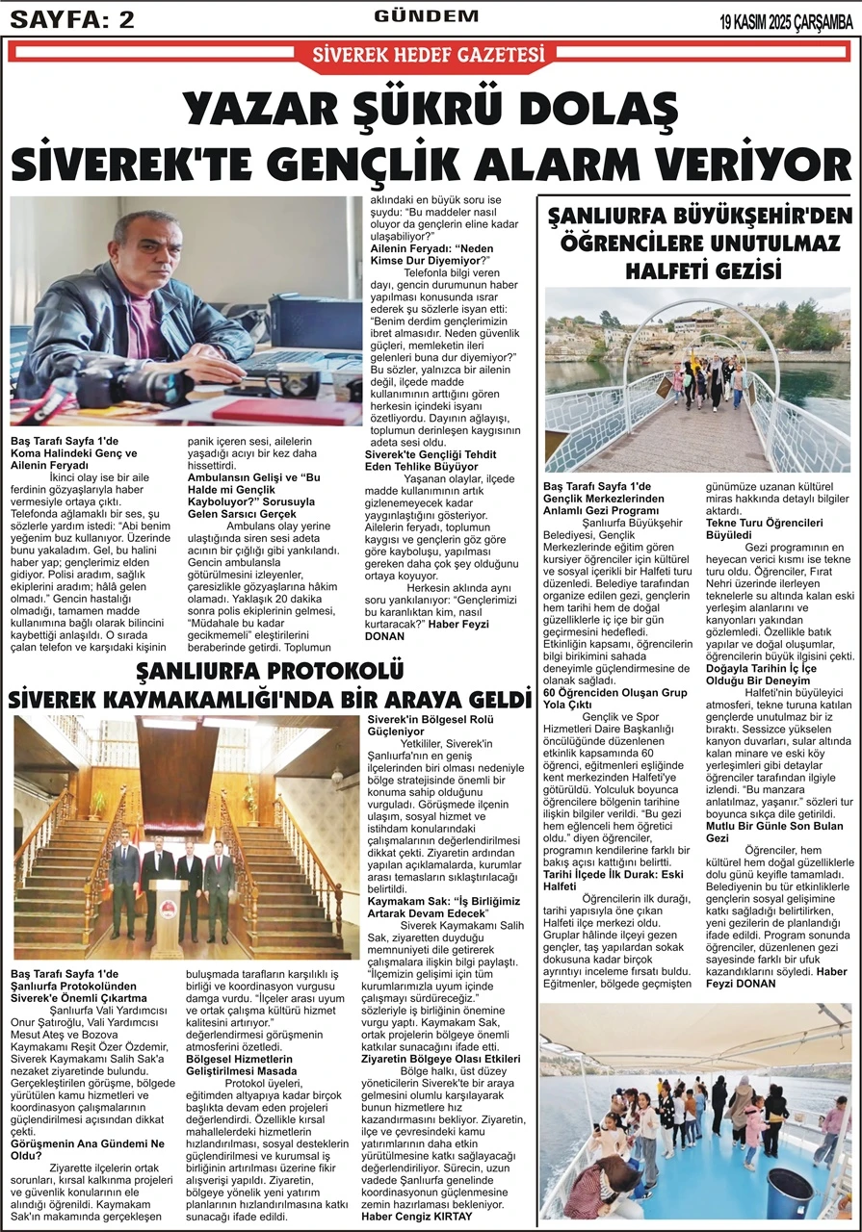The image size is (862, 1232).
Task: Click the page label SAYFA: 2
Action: (x=71, y=20)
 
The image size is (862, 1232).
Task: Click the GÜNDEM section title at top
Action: (x=426, y=16)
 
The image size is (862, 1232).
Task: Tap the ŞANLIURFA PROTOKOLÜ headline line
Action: (x=270, y=671)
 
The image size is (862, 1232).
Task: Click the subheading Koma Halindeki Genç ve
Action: (x=73, y=452)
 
